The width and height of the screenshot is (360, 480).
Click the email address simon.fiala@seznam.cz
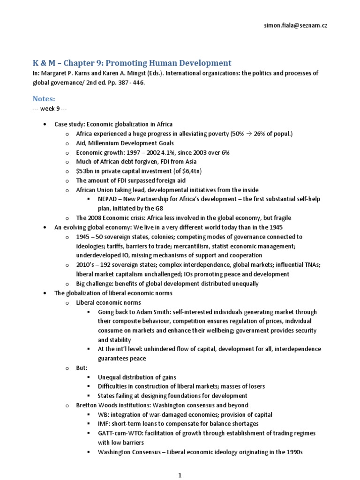(295, 25)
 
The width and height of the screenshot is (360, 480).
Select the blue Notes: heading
(44, 99)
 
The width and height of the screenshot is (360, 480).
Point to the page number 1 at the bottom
(180, 475)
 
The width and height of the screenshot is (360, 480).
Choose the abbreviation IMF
(104, 424)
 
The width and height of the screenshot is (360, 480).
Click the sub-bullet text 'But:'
(82, 368)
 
